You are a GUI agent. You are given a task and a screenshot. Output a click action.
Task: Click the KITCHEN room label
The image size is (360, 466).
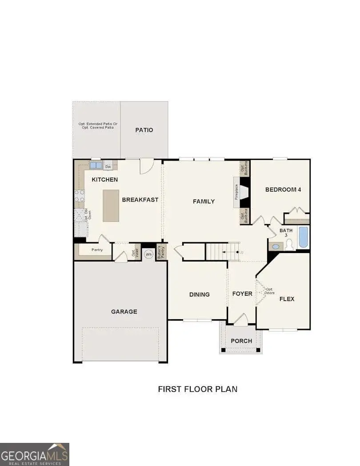point(105,180)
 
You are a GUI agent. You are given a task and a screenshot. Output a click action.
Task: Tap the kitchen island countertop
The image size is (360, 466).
point(111,205)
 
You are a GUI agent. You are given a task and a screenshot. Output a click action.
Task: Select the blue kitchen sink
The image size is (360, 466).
point(96,165)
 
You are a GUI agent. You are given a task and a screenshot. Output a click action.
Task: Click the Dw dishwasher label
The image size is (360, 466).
point(108,167)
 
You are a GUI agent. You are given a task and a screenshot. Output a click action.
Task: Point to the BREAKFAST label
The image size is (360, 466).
point(140,200)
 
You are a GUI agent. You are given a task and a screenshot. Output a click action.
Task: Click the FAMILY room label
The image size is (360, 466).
point(204,201)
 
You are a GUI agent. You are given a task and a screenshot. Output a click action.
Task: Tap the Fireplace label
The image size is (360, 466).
point(237,192)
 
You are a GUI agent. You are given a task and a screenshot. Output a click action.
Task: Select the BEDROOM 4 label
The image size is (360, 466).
point(283,189)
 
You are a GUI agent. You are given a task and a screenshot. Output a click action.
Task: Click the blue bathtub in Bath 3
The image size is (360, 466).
point(303,237)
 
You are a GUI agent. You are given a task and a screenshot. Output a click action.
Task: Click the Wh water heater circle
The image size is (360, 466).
point(148,254)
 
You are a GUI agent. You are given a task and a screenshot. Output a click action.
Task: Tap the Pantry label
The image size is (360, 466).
point(97,250)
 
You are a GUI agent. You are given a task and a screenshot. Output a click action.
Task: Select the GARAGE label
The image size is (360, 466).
point(124,312)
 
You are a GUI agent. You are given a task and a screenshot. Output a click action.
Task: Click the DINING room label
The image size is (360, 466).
point(199,294)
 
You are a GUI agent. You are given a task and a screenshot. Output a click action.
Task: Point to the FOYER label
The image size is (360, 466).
point(242,294)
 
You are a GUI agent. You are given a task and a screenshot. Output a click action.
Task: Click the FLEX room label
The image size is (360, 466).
point(287,299)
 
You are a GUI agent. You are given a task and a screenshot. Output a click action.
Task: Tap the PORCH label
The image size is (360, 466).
point(241,341)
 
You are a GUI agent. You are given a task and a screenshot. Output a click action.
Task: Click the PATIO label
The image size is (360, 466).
point(144,130)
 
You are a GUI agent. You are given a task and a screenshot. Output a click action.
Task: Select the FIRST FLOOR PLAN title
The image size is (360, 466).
point(197,389)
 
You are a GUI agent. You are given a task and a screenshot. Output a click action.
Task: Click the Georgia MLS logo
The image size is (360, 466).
point(35,454)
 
